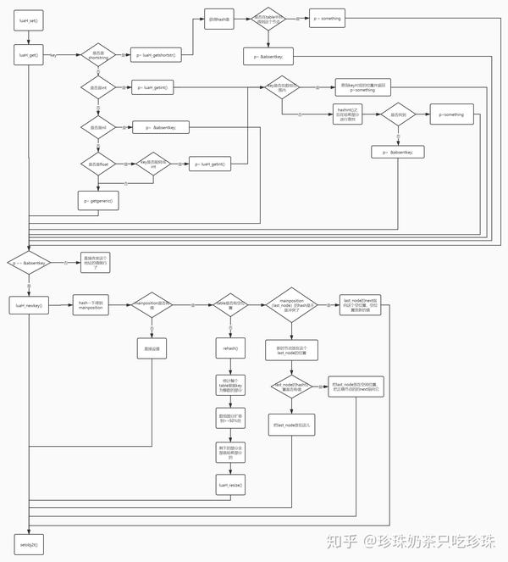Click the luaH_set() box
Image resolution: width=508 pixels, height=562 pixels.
click(28, 19)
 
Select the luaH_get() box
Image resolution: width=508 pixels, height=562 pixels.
click(28, 55)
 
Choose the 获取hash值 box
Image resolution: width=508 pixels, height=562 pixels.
click(221, 19)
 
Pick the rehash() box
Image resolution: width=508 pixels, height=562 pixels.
click(230, 348)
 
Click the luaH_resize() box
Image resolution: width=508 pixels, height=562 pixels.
click(230, 485)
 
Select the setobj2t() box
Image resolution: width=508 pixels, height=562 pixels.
click(28, 542)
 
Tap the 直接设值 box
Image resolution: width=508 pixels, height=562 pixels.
click(152, 348)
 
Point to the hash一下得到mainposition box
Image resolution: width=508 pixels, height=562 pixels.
click(91, 304)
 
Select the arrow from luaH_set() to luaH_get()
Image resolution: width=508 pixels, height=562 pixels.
click(28, 36)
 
